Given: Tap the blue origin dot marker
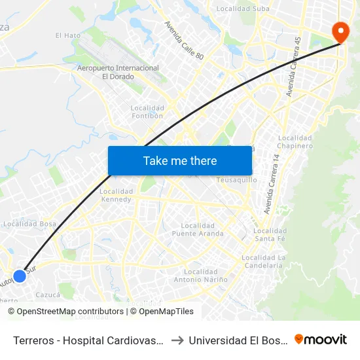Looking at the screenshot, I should [20, 276].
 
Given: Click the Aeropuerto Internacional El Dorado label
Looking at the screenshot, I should [118, 72].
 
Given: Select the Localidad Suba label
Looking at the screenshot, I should [243, 9].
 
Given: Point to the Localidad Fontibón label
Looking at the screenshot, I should [147, 112].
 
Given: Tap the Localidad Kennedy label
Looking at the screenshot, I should [116, 195].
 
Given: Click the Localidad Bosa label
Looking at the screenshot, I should [29, 224].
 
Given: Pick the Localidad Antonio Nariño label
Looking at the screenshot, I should [201, 276].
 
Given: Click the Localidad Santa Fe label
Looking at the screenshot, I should [270, 235].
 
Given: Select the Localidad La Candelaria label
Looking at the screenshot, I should [264, 261].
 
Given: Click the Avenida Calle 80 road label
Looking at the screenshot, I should [184, 41].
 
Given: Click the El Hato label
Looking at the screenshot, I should [67, 35].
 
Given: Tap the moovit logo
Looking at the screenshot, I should [321, 339].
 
